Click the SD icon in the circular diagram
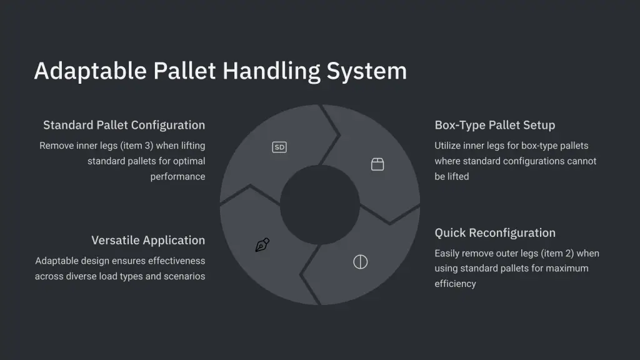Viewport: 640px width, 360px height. tap(279, 147)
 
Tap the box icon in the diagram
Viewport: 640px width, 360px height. tap(377, 164)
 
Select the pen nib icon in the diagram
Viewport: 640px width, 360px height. tap(262, 244)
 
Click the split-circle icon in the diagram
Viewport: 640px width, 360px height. tap(361, 262)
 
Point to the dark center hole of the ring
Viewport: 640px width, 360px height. tap(320, 205)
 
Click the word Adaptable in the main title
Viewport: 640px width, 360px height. tap(90, 71)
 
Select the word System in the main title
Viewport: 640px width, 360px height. tap(366, 71)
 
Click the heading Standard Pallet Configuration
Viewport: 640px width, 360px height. tap(124, 125)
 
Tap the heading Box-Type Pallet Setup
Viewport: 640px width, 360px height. tap(495, 125)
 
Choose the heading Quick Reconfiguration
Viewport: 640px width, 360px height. tap(495, 232)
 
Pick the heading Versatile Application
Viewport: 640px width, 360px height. tap(148, 240)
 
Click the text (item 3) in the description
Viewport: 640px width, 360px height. tap(137, 146)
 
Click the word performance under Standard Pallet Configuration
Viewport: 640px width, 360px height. tap(177, 177)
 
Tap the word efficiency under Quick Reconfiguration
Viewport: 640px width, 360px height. tap(455, 284)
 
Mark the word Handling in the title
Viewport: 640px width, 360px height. tap(271, 71)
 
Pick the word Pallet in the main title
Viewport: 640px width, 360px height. tap(184, 71)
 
